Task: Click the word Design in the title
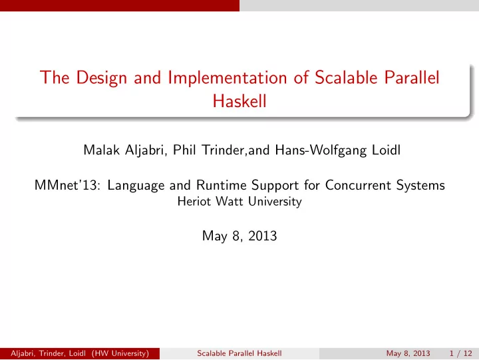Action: (x=101, y=78)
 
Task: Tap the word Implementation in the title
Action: (x=228, y=78)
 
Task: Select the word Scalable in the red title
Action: (x=347, y=77)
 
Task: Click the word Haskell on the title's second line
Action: (x=239, y=100)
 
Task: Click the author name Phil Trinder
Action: (x=209, y=150)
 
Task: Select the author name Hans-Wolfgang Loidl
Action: (x=337, y=150)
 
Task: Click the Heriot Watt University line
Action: (x=239, y=202)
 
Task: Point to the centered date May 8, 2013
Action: (x=239, y=236)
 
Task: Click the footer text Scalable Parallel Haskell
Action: (x=239, y=353)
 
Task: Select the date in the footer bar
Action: (x=408, y=353)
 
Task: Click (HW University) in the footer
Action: (x=120, y=353)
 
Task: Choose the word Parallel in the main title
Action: (x=412, y=77)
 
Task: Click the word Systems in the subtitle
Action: (x=420, y=186)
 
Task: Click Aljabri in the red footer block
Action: (x=23, y=353)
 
